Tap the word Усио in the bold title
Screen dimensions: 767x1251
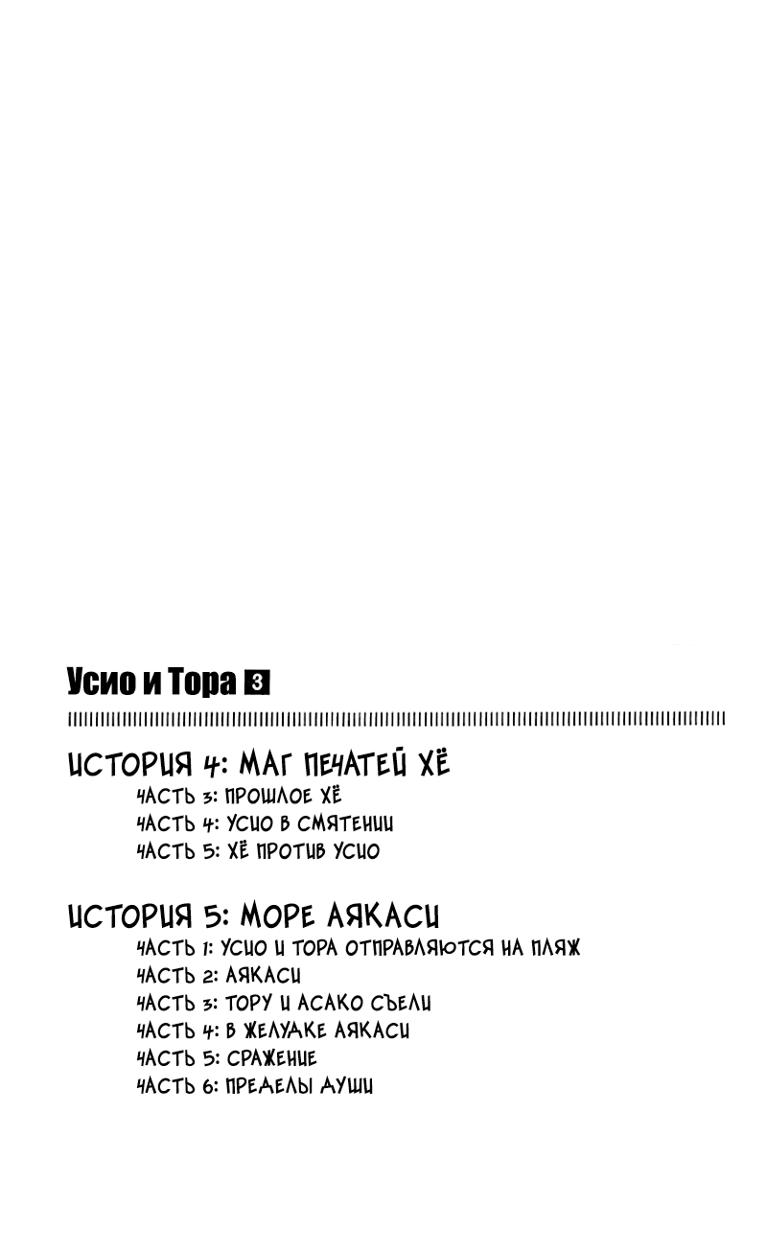tap(101, 683)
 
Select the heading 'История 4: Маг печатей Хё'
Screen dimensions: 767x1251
tap(259, 764)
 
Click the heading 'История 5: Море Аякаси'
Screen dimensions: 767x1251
tap(254, 915)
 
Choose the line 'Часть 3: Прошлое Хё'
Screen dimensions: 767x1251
tap(239, 796)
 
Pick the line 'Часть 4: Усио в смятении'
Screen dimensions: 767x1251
tap(265, 823)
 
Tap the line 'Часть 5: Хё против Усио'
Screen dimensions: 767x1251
tap(258, 851)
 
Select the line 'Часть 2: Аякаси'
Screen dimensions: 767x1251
tap(219, 976)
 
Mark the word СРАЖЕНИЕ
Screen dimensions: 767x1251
tap(271, 1058)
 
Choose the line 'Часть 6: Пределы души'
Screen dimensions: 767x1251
tap(255, 1086)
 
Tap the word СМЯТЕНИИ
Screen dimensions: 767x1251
tap(345, 823)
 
